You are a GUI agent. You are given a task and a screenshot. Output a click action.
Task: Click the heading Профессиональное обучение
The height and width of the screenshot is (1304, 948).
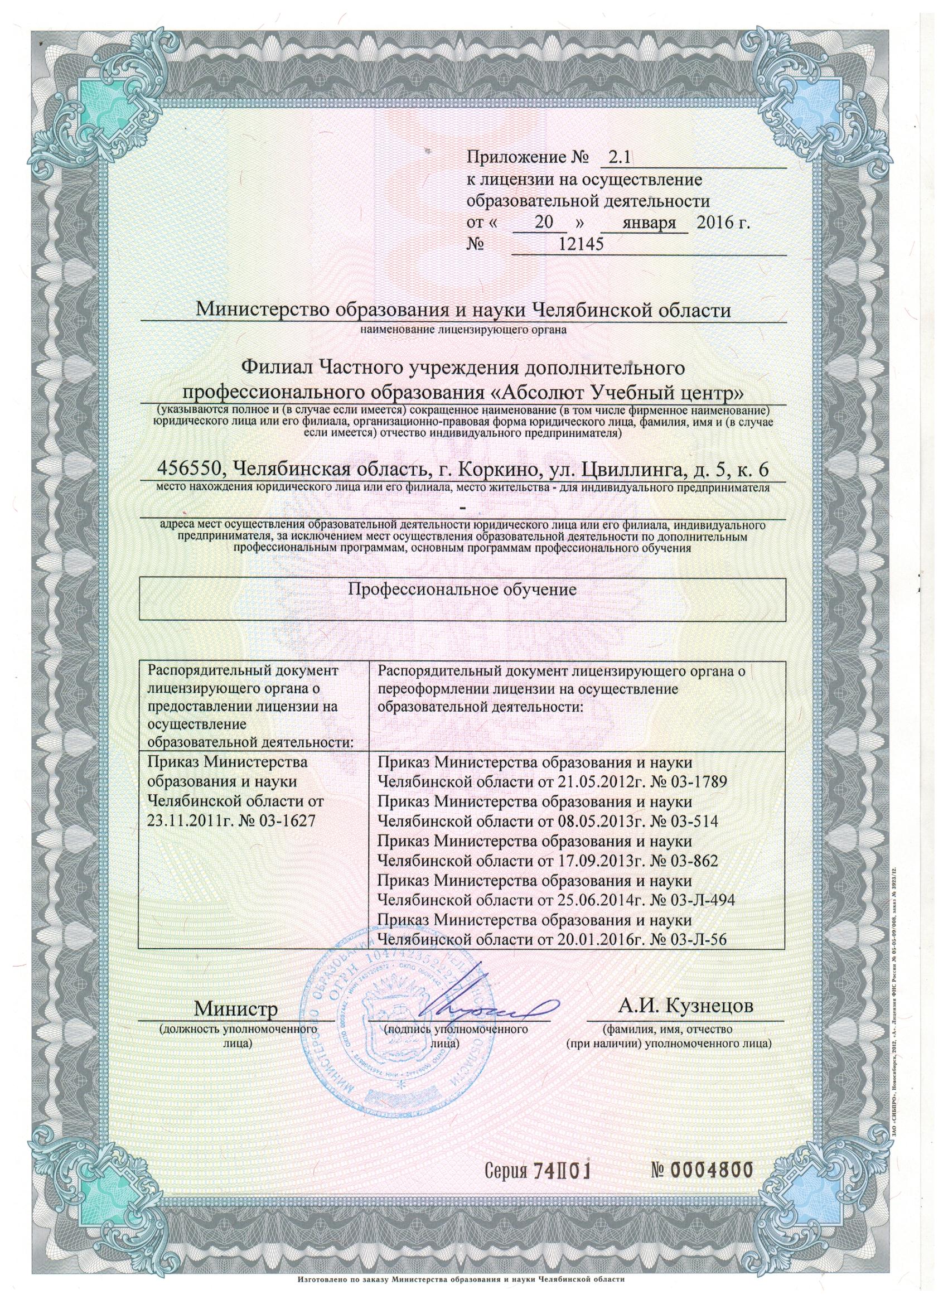pos(462,590)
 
